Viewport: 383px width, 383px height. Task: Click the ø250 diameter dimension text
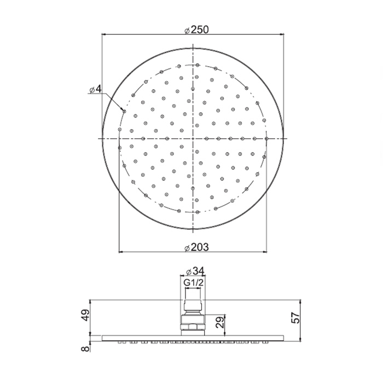pos(196,30)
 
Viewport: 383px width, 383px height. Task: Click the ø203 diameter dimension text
pos(196,247)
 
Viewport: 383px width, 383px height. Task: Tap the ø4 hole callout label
pos(95,89)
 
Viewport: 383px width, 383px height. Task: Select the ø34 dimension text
pos(195,271)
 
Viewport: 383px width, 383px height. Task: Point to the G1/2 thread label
pos(193,283)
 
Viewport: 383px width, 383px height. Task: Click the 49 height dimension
pos(85,315)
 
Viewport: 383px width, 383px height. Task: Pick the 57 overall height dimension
pos(295,317)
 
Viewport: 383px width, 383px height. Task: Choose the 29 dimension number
pos(220,322)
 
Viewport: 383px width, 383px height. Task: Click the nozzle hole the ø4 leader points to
pos(124,112)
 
